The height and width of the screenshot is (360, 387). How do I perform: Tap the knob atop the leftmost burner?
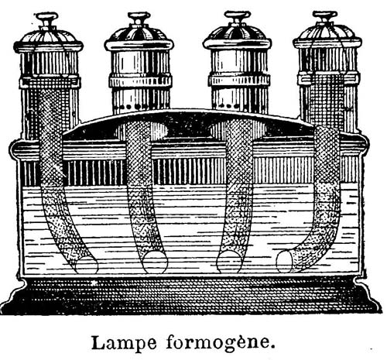[46, 20]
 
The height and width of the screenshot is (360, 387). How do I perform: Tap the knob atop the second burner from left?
[139, 19]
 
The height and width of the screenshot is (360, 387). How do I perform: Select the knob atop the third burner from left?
[238, 18]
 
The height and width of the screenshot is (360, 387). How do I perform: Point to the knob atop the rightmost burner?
[325, 17]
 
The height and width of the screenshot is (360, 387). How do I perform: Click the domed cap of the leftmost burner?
[49, 39]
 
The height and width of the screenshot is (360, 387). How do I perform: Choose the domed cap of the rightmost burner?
[327, 36]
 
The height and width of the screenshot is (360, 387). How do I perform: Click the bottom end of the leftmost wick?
[87, 265]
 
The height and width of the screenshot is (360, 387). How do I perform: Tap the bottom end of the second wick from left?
[155, 262]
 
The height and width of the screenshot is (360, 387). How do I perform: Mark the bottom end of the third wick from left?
[228, 261]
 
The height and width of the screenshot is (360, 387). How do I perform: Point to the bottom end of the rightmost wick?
[285, 261]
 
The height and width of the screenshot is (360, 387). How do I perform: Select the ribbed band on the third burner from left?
[239, 80]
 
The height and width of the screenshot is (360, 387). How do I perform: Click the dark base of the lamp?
[191, 297]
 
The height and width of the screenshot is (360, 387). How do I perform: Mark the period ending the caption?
[271, 347]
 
